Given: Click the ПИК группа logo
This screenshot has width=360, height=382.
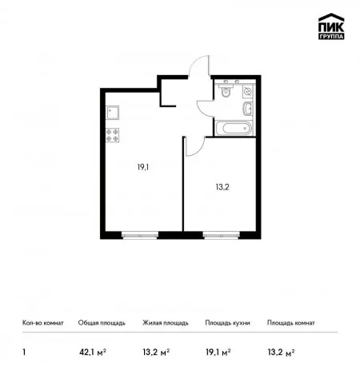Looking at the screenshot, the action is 331,26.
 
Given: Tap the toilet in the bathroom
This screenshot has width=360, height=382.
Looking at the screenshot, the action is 226,90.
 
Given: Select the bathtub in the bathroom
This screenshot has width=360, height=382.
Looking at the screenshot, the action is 234,129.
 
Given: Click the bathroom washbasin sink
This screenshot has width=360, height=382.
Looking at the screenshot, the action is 248,109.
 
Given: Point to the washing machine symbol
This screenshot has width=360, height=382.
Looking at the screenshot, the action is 248,92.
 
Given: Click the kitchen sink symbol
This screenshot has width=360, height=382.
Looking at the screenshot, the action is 112,113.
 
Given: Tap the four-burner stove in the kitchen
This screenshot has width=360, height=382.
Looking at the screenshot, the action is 112,135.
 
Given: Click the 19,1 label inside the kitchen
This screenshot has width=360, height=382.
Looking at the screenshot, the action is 143,167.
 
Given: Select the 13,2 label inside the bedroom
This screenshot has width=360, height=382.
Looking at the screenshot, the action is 222,187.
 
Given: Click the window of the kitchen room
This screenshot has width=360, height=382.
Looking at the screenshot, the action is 140,235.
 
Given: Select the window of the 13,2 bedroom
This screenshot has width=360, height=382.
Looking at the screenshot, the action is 222,235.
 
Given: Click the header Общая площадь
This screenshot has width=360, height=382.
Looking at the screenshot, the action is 102,323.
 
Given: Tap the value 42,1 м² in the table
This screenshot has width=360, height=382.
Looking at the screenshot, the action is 93,352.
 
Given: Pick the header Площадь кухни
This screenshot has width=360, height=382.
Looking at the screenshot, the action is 227,323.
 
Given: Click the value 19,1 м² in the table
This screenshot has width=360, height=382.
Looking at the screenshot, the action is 218,352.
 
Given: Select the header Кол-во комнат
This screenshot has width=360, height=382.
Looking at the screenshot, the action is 43,323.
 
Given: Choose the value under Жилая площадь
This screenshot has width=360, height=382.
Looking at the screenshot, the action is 156,352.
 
